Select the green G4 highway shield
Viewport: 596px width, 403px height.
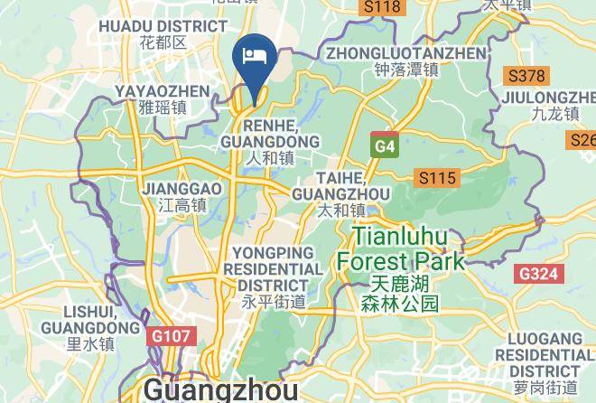tap(385, 145)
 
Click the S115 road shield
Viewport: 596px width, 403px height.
tap(434, 178)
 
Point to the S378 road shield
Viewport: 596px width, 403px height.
tap(526, 77)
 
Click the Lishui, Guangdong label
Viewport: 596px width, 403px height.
tap(90, 318)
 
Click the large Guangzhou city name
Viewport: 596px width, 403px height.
tap(220, 389)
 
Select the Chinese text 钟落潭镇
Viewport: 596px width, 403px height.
tap(394, 69)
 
